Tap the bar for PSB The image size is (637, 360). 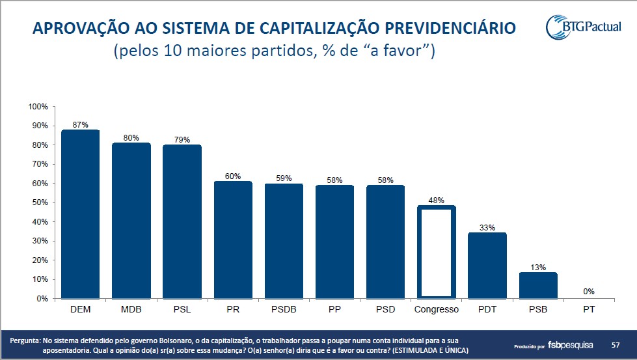pos(538,285)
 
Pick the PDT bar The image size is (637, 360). pos(487,266)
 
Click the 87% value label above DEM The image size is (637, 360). pos(81,124)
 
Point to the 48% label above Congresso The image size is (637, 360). pos(436,200)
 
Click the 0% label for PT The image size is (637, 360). pos(589,292)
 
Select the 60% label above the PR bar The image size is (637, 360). pos(233,176)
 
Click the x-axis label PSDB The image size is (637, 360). pos(284,309)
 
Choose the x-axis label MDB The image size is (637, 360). pos(131,309)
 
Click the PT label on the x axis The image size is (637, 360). pos(589,309)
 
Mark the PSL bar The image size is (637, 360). pos(182,221)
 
